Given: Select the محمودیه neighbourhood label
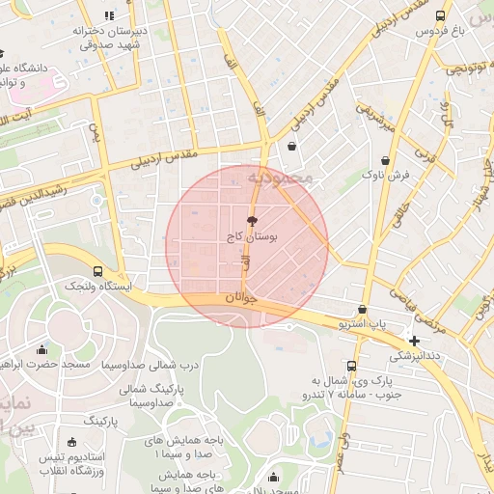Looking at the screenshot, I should (280, 179).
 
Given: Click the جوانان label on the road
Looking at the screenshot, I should (242, 299).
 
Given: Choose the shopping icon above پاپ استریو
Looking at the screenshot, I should (362, 310).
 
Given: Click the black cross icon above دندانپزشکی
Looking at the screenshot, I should (414, 341).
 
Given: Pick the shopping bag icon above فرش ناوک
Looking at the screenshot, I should (386, 160).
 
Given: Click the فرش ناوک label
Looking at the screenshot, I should (386, 175).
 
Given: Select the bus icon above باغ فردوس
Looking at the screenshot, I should (441, 15).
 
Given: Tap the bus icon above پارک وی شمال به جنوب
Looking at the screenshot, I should (350, 366).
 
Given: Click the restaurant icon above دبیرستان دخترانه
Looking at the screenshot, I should (108, 15).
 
